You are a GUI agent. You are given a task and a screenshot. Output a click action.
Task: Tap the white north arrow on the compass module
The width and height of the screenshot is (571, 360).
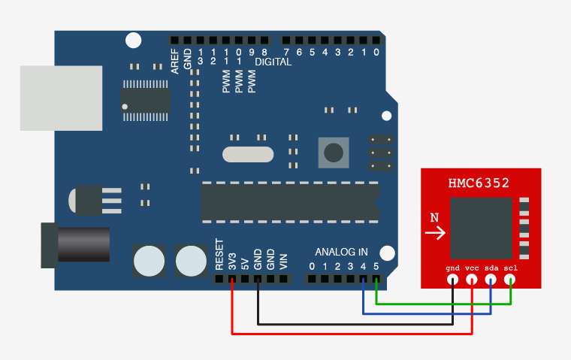434,234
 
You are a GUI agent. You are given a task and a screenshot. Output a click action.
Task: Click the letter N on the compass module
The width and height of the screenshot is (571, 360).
434,218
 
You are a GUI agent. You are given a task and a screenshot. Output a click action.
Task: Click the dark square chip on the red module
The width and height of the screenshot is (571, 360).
481,228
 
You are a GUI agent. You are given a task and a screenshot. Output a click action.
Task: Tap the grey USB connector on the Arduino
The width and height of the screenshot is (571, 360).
60,98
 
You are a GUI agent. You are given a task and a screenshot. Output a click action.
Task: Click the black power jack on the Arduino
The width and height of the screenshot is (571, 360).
75,244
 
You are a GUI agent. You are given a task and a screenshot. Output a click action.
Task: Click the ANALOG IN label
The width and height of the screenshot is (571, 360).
342,251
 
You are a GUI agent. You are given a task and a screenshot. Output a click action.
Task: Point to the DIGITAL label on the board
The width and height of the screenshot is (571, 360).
273,62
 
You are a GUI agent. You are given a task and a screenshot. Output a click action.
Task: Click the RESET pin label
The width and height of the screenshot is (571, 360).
219,255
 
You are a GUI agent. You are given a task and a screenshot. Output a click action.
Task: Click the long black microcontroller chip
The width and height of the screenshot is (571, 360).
289,201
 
